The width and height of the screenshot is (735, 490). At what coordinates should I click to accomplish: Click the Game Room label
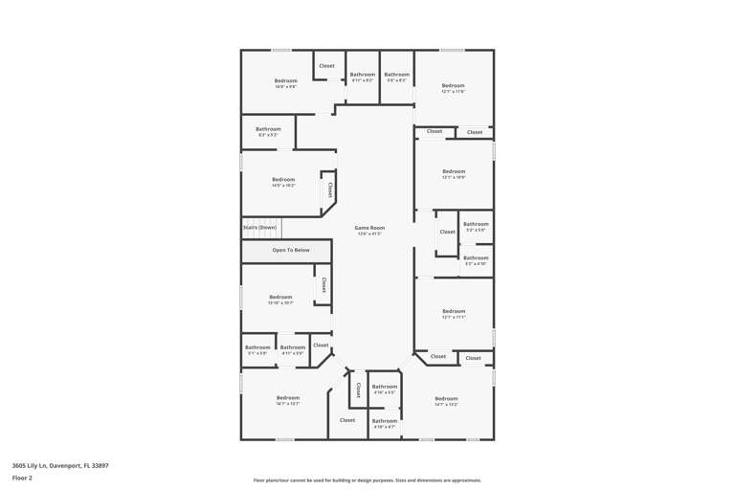pyautogui.click(x=369, y=228)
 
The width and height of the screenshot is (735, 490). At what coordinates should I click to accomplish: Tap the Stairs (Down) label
pyautogui.click(x=259, y=228)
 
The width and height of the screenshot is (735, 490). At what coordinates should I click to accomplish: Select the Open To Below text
pyautogui.click(x=291, y=250)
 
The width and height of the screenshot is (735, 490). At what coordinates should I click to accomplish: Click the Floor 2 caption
pyautogui.click(x=22, y=477)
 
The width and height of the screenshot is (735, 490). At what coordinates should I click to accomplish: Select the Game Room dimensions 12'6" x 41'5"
pyautogui.click(x=369, y=234)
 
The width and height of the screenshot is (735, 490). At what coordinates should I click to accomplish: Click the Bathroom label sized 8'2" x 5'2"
pyautogui.click(x=268, y=129)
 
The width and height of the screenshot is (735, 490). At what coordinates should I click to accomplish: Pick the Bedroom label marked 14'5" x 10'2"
pyautogui.click(x=283, y=179)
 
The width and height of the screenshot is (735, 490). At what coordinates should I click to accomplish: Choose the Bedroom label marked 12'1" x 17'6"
pyautogui.click(x=453, y=86)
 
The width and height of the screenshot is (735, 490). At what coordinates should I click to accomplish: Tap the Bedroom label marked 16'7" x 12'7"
pyautogui.click(x=288, y=397)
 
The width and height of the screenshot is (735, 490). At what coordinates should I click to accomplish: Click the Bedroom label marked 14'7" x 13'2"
pyautogui.click(x=446, y=398)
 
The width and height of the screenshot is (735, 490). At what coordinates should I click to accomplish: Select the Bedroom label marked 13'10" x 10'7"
pyautogui.click(x=280, y=297)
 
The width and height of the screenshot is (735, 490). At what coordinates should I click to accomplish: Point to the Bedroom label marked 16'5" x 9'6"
pyautogui.click(x=286, y=80)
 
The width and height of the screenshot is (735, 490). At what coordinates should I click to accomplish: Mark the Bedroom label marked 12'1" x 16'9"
pyautogui.click(x=453, y=171)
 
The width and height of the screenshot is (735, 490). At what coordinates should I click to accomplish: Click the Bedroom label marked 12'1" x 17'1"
pyautogui.click(x=453, y=311)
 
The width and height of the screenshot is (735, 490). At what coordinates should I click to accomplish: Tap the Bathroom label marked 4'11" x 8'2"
pyautogui.click(x=363, y=75)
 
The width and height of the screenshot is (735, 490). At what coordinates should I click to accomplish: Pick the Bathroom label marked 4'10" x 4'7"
pyautogui.click(x=385, y=421)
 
